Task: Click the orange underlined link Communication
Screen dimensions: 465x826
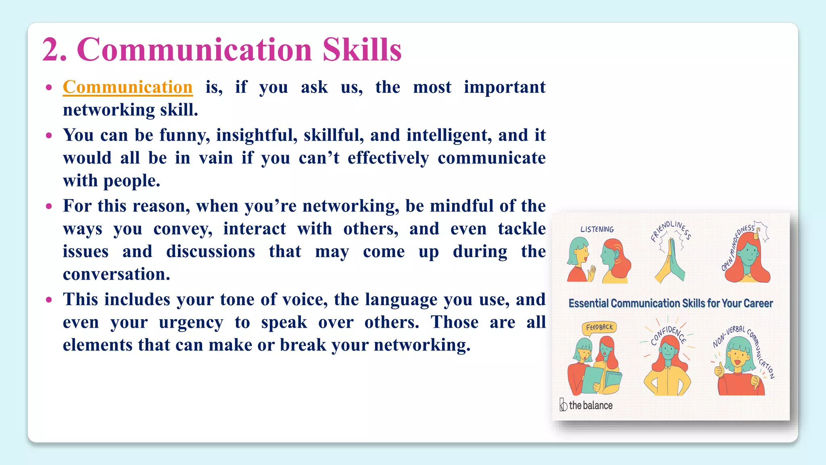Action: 127,87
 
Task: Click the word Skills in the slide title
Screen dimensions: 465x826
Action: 362,50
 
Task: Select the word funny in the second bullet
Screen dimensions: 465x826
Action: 184,135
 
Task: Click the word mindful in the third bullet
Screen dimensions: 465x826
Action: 461,206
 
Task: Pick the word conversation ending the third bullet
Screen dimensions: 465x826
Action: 116,274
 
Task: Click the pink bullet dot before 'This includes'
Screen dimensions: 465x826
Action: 49,300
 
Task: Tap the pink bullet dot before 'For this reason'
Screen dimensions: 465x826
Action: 49,206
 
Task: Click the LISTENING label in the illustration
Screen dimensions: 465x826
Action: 597,229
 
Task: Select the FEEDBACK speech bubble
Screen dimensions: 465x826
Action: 599,327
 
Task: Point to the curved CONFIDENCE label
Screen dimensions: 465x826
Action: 668,334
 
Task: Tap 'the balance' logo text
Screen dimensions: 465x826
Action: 590,405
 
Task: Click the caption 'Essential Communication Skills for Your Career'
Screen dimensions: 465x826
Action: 670,304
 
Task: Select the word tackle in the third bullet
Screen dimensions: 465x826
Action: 521,229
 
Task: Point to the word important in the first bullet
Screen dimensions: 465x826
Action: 504,87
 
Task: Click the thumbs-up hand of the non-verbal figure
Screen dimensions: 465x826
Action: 719,369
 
